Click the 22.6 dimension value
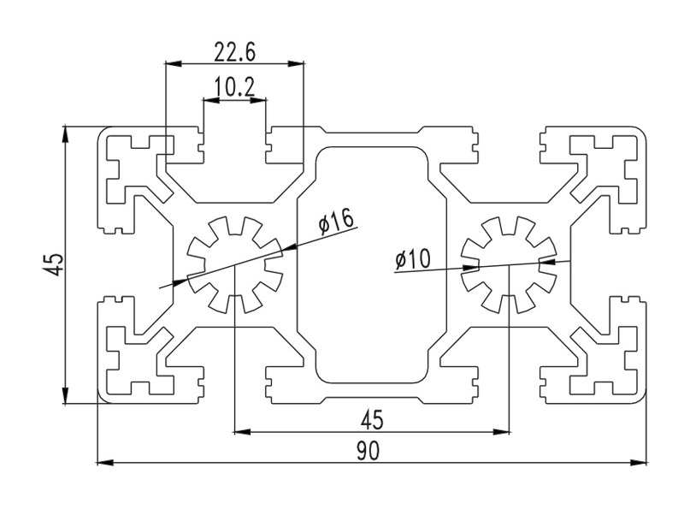pos(235,53)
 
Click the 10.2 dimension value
pos(234,87)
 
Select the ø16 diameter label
pos(336,222)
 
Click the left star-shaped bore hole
pos(234,264)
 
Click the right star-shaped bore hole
pos(507,264)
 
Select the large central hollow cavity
pos(371,264)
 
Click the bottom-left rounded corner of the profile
pos(103,396)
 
